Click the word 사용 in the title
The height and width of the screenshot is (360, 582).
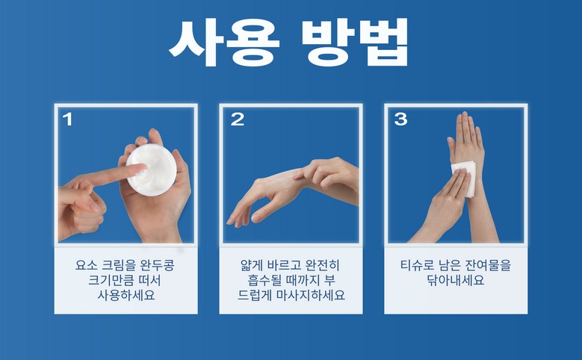point(224,43)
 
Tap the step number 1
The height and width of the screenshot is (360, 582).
point(67,120)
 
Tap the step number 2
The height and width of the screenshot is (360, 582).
point(238,120)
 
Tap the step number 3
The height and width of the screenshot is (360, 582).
point(401,120)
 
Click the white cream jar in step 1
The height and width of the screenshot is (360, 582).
point(151,170)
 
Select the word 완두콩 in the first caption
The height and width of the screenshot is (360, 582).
point(157,265)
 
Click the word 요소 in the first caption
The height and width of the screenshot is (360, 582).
point(87,265)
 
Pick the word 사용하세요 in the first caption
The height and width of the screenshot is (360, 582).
point(126,295)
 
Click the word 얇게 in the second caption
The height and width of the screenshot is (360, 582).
point(251,265)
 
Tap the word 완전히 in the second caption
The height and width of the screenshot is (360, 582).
point(322,265)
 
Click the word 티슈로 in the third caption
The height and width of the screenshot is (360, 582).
point(417,265)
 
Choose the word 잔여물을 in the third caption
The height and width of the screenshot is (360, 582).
point(488,265)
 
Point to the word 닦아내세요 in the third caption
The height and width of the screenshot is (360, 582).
point(456,280)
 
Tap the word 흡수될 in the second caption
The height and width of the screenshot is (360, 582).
point(265,280)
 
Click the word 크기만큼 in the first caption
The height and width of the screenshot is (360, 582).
point(112,280)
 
